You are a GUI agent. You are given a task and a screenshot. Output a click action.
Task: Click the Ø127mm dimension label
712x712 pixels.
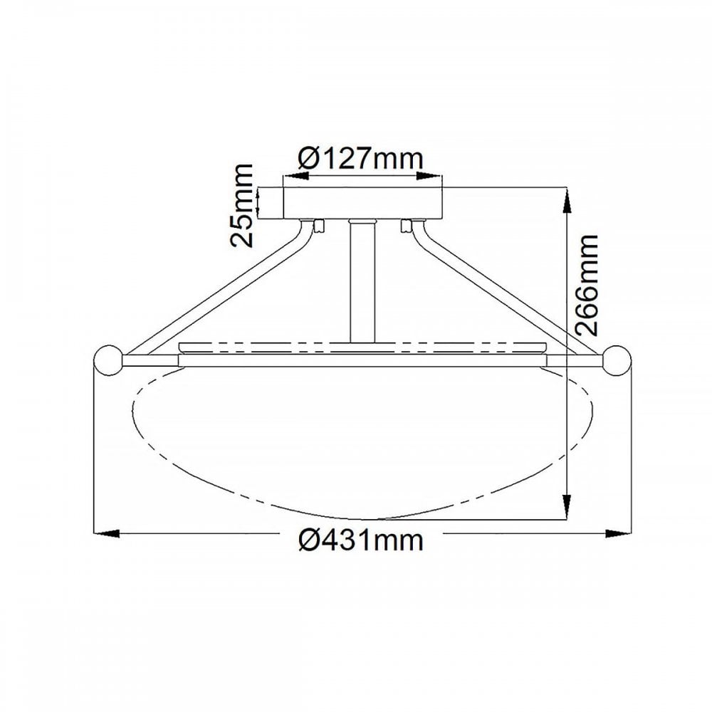pos(361,159)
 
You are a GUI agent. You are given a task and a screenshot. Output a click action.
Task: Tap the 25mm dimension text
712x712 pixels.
pos(241,206)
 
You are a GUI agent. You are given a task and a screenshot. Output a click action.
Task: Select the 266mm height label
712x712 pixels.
pos(586,286)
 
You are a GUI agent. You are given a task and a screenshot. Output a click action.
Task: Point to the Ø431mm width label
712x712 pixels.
pos(361,540)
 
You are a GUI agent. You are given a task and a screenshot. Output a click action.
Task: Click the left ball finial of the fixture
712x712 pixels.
pos(108,360)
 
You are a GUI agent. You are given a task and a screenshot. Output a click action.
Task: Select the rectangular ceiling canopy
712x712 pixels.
pos(362,202)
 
